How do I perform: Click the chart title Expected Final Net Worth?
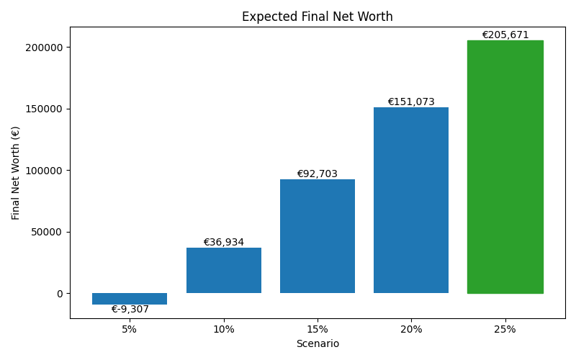tap(317, 17)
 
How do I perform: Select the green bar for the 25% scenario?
tap(505, 166)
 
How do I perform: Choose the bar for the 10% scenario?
tap(223, 270)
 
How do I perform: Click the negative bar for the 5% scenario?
tap(130, 299)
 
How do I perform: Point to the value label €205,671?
tap(505, 35)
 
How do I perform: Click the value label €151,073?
tap(411, 102)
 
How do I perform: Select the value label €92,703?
tap(318, 174)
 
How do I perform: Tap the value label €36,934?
tap(223, 243)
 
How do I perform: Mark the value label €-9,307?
tap(130, 310)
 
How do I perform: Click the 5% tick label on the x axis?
tap(130, 329)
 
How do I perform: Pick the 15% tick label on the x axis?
tap(318, 329)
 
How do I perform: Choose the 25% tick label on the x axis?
tap(505, 329)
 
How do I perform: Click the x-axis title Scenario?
tap(318, 344)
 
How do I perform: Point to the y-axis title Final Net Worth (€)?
tap(16, 173)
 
